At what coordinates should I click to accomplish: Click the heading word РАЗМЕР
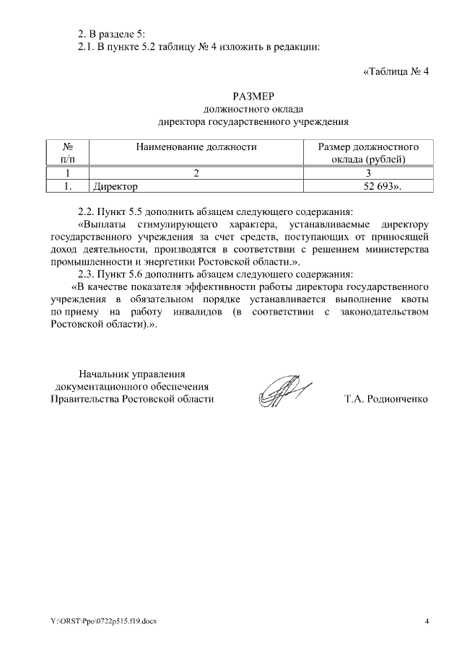tap(253, 97)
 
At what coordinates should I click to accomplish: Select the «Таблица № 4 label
tap(395, 71)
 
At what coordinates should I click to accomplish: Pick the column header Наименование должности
tap(196, 146)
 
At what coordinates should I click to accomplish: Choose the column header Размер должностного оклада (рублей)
tap(369, 152)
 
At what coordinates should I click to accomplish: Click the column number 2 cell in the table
tap(196, 173)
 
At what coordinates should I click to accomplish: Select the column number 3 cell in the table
tap(369, 173)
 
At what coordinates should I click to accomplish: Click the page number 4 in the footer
tap(427, 621)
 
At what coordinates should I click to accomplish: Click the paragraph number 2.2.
tap(87, 212)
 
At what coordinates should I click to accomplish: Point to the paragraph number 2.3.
tap(87, 274)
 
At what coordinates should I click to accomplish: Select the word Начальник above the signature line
tap(105, 374)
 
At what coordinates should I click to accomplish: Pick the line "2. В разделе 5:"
tap(112, 35)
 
